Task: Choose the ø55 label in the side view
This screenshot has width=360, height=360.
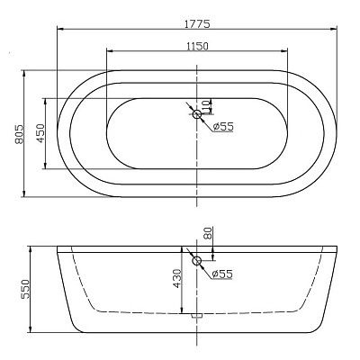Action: pyautogui.click(x=221, y=274)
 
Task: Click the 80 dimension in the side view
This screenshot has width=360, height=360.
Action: pyautogui.click(x=209, y=233)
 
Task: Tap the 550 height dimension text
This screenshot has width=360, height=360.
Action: pyautogui.click(x=25, y=287)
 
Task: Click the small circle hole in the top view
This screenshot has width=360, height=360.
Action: pyautogui.click(x=196, y=113)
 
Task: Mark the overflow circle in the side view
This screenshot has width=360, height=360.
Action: pyautogui.click(x=196, y=261)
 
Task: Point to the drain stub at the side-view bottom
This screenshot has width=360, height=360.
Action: pyautogui.click(x=196, y=315)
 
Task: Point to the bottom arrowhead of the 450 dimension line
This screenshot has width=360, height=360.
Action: pyautogui.click(x=46, y=166)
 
